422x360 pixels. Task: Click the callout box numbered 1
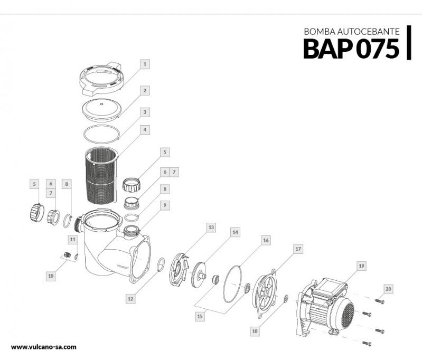coord(145,64)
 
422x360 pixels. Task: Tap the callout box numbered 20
coord(389,289)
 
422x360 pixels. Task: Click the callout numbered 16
coord(266,240)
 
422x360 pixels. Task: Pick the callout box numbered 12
coord(130,298)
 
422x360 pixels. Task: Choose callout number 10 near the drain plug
coord(51,275)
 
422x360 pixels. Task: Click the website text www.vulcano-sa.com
coord(44,347)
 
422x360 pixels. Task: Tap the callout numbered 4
coord(145,129)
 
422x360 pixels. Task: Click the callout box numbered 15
coord(200,316)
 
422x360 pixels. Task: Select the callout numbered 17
coord(298,248)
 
